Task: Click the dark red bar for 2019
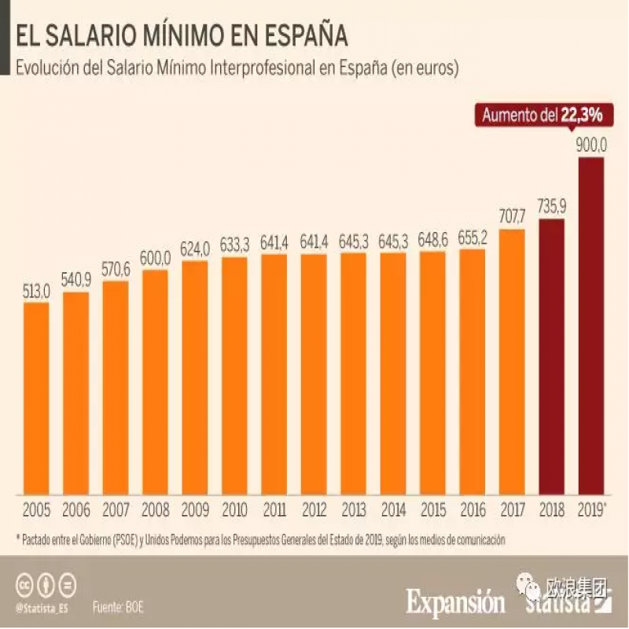coord(591,326)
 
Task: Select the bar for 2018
coord(552,358)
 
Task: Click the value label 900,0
coord(591,145)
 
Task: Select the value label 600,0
coord(156,259)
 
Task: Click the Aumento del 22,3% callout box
coord(542,115)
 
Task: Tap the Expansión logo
coord(456,602)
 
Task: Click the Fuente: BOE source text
coord(118,607)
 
